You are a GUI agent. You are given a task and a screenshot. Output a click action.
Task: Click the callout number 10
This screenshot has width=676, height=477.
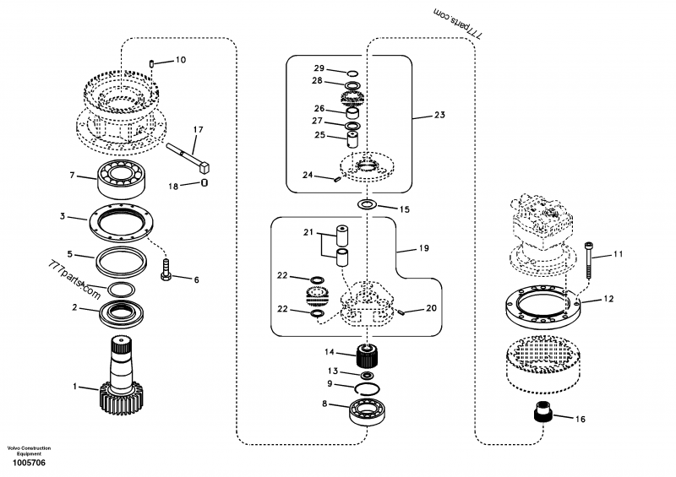click(181, 60)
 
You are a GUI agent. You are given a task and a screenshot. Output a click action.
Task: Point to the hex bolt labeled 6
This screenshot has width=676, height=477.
click(166, 271)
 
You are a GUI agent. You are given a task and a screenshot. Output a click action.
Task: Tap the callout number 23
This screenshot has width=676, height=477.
click(439, 114)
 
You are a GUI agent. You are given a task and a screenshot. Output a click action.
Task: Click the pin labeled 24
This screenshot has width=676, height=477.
click(336, 177)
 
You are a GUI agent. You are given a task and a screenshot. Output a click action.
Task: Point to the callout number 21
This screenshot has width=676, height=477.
click(308, 231)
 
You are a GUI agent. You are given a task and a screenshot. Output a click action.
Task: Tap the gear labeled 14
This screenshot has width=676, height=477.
click(367, 355)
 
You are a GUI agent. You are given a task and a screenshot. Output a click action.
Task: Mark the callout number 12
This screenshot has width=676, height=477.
click(608, 298)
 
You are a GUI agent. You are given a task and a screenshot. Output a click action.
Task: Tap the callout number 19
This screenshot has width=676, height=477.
click(424, 249)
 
